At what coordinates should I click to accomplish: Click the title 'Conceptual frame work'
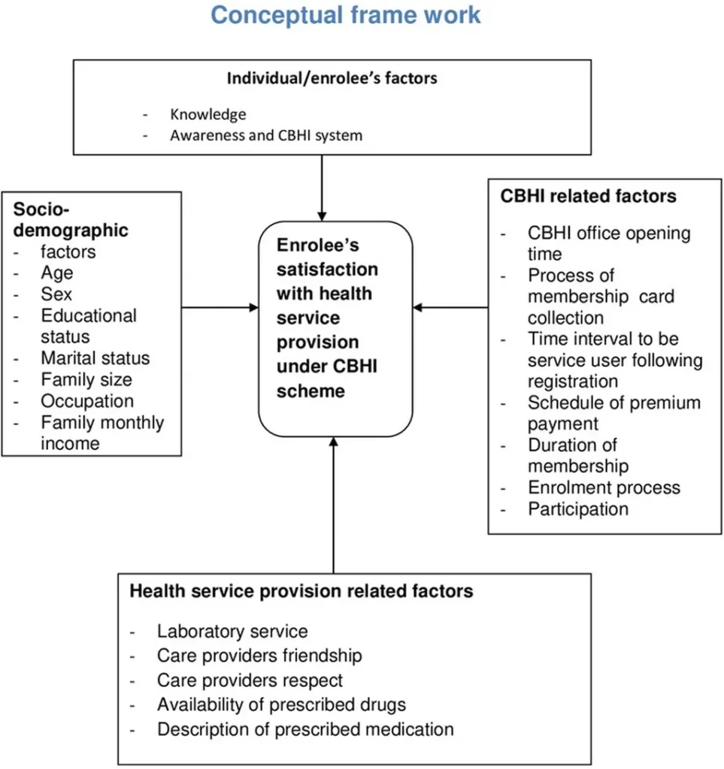(346, 15)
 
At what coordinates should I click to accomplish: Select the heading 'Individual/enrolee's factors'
(332, 78)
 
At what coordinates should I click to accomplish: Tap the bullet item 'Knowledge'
(208, 114)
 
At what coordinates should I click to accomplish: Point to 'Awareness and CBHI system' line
(266, 135)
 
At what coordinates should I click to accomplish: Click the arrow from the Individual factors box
(322, 188)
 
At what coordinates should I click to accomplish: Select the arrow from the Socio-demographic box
(220, 307)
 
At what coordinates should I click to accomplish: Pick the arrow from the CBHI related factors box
(450, 307)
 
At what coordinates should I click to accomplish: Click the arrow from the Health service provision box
(334, 505)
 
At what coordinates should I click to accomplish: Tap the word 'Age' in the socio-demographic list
(57, 273)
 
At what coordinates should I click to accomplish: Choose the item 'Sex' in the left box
(56, 294)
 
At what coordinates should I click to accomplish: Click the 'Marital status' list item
(95, 358)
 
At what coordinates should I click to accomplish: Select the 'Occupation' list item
(87, 401)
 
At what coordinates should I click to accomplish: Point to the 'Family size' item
(86, 379)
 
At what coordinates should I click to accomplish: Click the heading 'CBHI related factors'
(588, 196)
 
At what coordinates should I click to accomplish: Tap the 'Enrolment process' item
(604, 488)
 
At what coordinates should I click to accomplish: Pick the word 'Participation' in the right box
(578, 510)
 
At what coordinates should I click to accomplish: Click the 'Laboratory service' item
(232, 632)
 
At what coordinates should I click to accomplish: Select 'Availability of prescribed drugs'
(281, 704)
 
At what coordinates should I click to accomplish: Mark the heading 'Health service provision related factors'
(301, 591)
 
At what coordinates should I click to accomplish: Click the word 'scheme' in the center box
(311, 391)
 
